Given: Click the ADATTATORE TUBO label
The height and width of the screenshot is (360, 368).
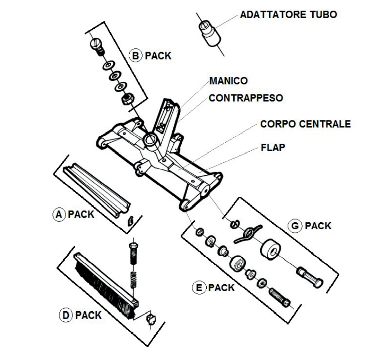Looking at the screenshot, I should coord(288,14).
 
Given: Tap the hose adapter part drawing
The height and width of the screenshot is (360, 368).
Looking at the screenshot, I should coord(209,32).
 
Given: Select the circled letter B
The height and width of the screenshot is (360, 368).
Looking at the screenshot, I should coord(134,55).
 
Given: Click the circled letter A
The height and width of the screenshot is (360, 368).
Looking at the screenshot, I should coord(59,214).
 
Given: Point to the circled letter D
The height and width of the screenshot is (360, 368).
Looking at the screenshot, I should coord(66,315).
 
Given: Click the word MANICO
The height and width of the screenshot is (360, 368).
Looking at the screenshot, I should coord(228,81).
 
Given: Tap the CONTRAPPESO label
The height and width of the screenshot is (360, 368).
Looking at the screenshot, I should coord(246,98).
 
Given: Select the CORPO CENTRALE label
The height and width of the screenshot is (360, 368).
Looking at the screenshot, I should coord(305,124).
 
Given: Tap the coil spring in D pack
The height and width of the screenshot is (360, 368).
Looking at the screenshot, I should coord(134,279).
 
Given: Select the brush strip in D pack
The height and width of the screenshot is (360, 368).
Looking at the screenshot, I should coord(105,284).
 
